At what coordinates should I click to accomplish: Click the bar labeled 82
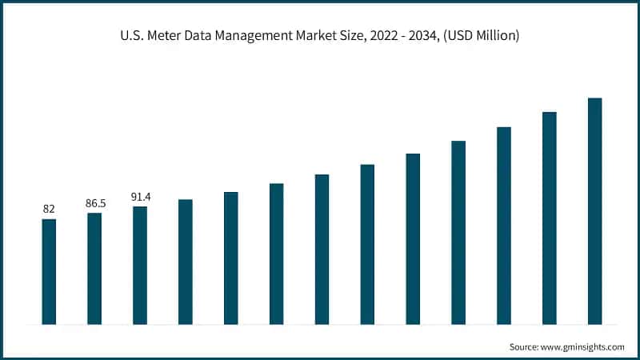coord(49,272)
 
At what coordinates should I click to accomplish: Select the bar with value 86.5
coord(94,269)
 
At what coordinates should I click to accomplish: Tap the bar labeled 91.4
coord(140,266)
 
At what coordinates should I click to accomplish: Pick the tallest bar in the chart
coord(594,211)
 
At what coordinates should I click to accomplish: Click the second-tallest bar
coord(549,218)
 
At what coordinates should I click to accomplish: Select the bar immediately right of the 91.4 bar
coord(185,262)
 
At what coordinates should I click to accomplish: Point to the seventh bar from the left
coord(322,250)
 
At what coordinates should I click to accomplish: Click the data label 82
coord(49,209)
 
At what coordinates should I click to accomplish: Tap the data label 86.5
coord(94,203)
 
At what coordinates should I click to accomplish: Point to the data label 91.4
coord(140,197)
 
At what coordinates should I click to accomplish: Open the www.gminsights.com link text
coord(585,346)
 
